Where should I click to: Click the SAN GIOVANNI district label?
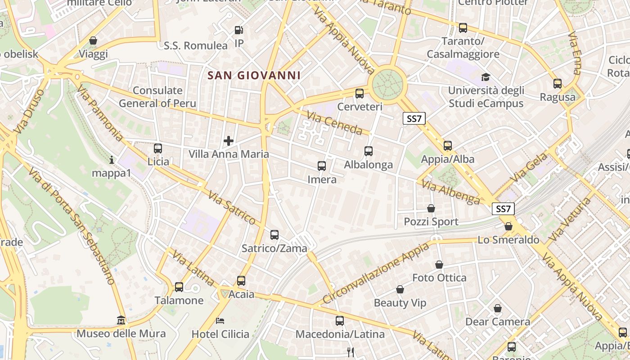coord(254,75)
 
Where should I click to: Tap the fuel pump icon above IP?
coord(239,31)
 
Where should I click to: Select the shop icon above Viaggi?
coord(93,41)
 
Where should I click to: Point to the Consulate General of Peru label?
coord(157,97)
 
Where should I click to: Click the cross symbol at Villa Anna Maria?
coord(229,141)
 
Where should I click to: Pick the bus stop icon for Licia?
coord(158,148)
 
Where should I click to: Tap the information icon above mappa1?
coord(112,160)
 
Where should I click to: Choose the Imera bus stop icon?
coord(322,166)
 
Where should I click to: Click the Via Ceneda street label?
coord(334,123)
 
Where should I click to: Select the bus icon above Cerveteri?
coord(360,94)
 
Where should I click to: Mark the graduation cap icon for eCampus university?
coord(486,77)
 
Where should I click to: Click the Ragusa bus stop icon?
coord(558,84)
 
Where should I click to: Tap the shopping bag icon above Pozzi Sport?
coord(431,208)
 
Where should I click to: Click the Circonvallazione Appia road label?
coord(376,273)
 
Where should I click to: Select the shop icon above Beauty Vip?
coord(400,289)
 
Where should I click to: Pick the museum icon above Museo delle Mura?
coord(121,320)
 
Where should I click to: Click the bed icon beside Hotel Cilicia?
coord(220,321)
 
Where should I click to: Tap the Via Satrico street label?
coord(232,207)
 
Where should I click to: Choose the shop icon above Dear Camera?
coord(498,308)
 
